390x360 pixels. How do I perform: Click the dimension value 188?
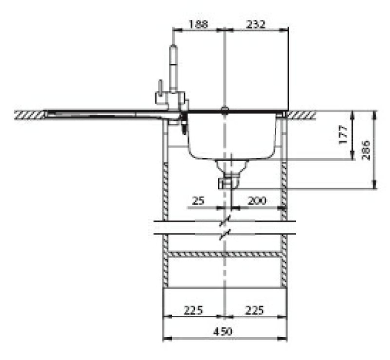[x=198, y=24]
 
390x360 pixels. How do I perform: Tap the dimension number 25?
[x=198, y=200]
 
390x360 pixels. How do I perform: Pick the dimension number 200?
[x=258, y=200]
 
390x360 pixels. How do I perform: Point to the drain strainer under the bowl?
[x=231, y=165]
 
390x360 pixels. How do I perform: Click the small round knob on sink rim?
[x=224, y=109]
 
